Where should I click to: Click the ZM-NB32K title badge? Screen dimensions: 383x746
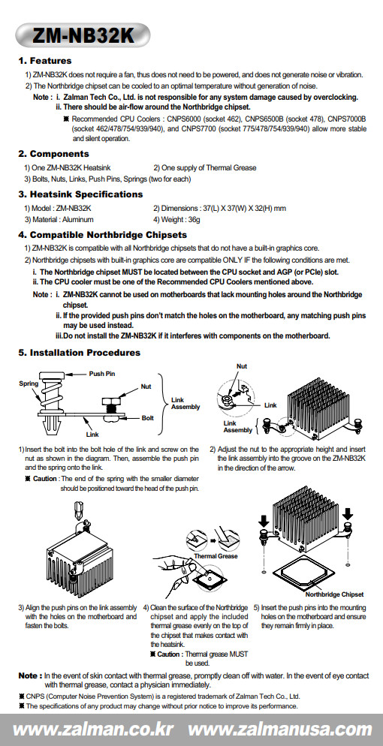tap(83, 35)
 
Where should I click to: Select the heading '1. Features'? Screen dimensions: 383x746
tap(45, 61)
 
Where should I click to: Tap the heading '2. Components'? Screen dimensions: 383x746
tap(53, 154)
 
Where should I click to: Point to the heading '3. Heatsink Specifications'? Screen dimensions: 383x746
tap(80, 194)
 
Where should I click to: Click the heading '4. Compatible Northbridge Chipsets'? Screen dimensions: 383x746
tap(102, 235)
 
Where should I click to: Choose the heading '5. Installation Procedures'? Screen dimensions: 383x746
tap(79, 353)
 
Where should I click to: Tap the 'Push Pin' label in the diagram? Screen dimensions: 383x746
tap(102, 374)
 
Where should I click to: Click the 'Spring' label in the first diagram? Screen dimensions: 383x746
tap(29, 384)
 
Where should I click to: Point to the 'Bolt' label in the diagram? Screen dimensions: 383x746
tap(147, 418)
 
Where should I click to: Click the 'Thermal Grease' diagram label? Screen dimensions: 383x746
tap(216, 555)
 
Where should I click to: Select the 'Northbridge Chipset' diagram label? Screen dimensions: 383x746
tap(334, 594)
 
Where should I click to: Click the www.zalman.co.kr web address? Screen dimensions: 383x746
tap(93, 729)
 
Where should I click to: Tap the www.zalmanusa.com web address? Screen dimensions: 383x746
tap(280, 729)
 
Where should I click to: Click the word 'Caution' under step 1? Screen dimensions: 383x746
tap(45, 479)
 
